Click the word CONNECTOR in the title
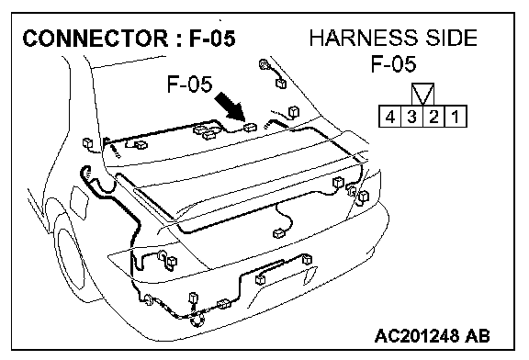tap(96, 38)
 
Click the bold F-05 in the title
tap(212, 38)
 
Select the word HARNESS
tap(364, 38)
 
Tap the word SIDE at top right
tap(451, 38)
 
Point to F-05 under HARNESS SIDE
tap(393, 63)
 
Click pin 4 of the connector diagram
tap(389, 117)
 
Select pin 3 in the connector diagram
tap(411, 117)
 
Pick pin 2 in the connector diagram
tap(433, 117)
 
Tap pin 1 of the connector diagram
tap(456, 117)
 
